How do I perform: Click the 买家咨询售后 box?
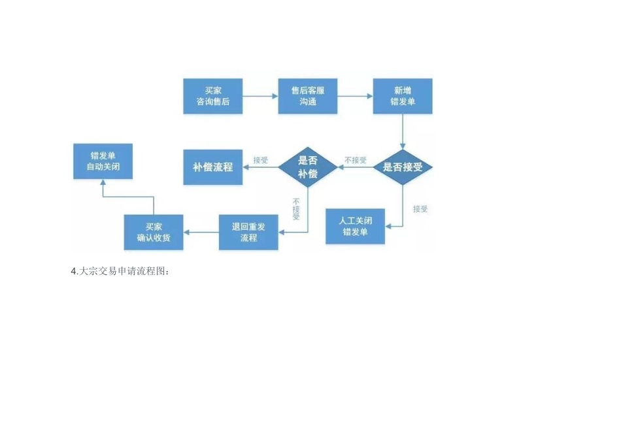tap(212, 96)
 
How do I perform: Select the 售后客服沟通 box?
tap(307, 96)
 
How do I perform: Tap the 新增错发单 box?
tap(402, 96)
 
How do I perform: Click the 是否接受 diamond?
tap(402, 167)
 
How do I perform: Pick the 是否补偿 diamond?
tap(307, 167)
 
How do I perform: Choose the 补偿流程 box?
tap(212, 167)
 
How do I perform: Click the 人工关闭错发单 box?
tap(355, 226)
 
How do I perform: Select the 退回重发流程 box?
tap(248, 233)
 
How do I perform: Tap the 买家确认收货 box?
tap(154, 233)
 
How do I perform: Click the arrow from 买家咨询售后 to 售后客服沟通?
tap(260, 96)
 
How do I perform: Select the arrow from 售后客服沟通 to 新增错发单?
tap(355, 96)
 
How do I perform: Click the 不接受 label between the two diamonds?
tap(355, 160)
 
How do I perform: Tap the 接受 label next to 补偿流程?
tap(260, 160)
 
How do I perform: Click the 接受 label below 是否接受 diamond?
tap(420, 209)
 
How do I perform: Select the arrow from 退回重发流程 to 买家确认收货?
tap(201, 233)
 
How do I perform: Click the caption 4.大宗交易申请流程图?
tap(120, 271)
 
